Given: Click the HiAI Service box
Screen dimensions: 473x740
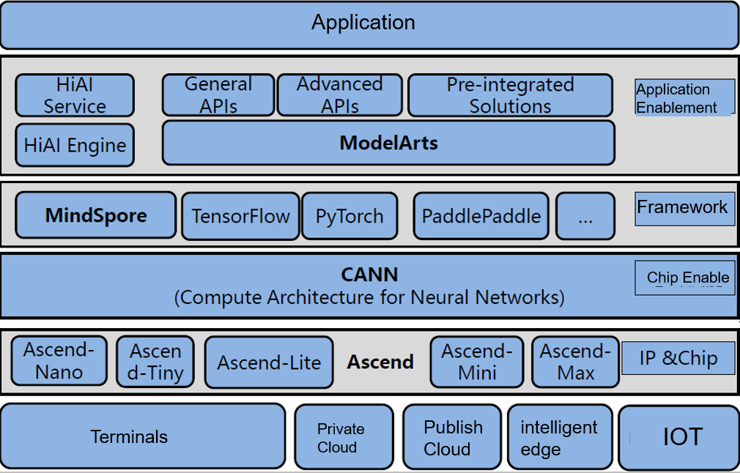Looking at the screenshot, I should coord(75,95).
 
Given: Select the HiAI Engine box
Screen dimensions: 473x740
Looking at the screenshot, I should coord(75,144).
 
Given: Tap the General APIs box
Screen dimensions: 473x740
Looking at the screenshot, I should coord(218,95).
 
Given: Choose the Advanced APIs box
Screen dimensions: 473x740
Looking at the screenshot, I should coord(339,95).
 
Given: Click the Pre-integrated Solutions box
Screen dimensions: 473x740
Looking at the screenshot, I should coord(510,95).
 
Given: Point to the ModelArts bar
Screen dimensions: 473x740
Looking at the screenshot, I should coord(388,142).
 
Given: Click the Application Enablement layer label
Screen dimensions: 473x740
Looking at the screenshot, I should coord(684,97).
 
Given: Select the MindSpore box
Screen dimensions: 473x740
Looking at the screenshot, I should coord(96,215).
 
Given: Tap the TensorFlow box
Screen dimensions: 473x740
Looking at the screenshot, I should coord(240,216).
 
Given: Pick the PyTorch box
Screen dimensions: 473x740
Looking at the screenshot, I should coord(349,216).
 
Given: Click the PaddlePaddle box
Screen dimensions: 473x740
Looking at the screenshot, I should coord(481,216).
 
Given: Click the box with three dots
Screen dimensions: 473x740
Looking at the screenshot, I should coord(585,216).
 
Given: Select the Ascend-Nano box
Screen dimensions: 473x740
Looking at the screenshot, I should coord(59,360).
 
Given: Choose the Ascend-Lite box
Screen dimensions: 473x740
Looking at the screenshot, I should coord(269,362).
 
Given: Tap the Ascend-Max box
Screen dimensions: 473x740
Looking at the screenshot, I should coord(575,362).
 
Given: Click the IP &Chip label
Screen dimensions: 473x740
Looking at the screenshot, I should coord(678,359).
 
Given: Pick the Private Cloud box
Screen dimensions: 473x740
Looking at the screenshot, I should coord(341,437).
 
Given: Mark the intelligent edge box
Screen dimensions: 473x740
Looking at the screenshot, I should coord(559,437).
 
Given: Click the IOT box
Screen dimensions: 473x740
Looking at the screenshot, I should coord(678,437).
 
